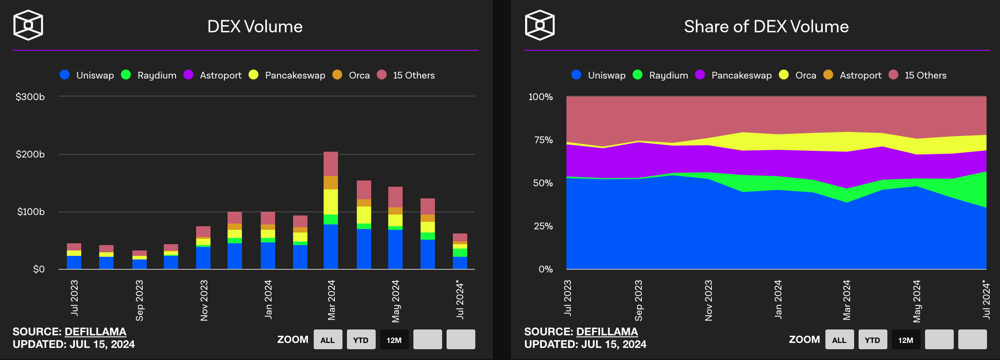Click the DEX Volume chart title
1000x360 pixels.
pos(255,27)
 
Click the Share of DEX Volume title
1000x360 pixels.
pos(766,27)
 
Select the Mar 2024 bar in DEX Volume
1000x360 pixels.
pos(331,211)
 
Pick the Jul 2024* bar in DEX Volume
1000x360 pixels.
pos(460,251)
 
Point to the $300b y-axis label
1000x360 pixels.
pos(30,97)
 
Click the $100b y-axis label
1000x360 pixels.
pos(31,212)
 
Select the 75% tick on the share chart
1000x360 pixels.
pos(543,140)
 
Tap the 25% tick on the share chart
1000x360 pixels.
pos(543,226)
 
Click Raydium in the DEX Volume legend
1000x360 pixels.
pos(157,75)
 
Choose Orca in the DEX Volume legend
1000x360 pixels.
pos(359,75)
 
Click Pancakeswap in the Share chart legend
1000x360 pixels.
pos(741,75)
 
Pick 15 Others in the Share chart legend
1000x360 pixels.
pos(925,75)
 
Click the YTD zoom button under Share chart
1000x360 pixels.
pos(873,340)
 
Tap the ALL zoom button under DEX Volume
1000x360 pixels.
pos(328,340)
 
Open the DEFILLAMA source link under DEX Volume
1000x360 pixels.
pos(95,332)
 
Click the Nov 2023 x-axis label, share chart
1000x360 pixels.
pos(709,300)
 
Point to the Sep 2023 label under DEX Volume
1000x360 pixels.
pos(140,300)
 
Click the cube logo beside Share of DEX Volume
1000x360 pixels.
pos(540,25)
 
